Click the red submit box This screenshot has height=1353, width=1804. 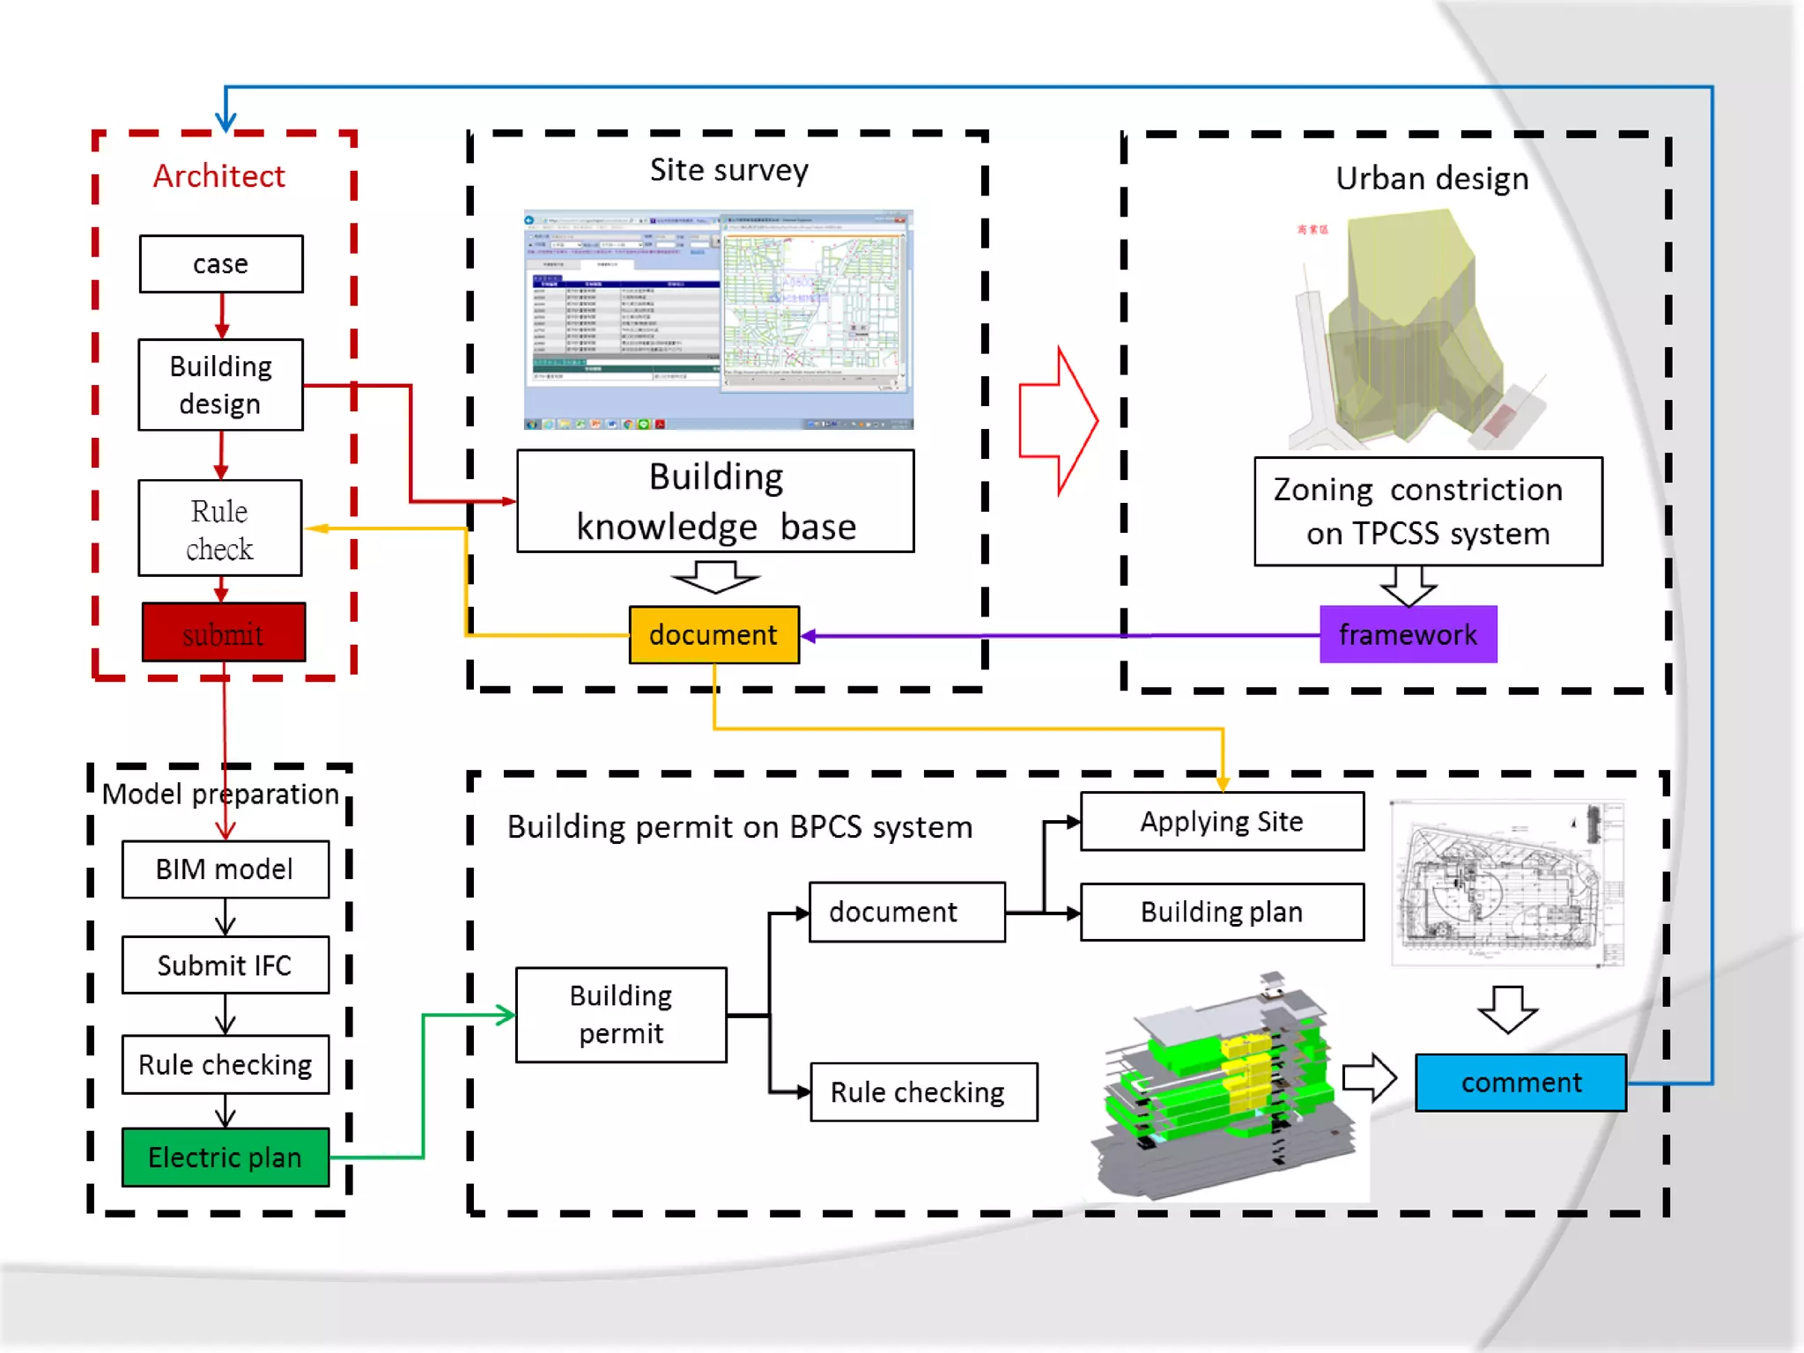click(224, 632)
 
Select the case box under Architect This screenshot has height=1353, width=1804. click(221, 263)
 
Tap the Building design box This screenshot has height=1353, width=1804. click(220, 385)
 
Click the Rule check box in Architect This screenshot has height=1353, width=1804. click(220, 529)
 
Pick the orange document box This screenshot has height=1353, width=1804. click(713, 634)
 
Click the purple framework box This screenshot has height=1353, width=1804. click(1408, 634)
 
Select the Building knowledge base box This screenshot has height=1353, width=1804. click(715, 501)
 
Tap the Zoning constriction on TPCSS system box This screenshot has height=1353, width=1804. click(1428, 511)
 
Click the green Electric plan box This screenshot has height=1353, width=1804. click(225, 1157)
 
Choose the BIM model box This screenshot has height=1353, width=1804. click(225, 869)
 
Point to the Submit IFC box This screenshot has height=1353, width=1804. click(225, 965)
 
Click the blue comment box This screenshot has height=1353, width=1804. click(1520, 1083)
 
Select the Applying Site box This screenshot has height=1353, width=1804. click(1222, 822)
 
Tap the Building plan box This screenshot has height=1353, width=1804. click(1222, 913)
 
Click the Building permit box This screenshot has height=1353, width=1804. click(621, 1015)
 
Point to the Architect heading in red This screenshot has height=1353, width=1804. click(219, 176)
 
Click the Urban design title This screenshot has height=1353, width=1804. click(1432, 179)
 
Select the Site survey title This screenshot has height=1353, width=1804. click(729, 170)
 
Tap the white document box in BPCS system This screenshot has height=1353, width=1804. click(906, 913)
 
